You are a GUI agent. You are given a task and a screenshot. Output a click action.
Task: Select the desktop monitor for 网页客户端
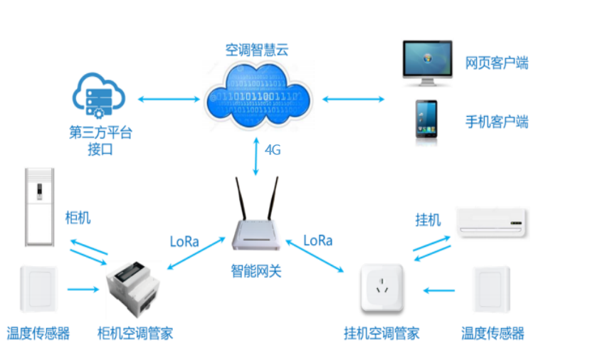point(427,60)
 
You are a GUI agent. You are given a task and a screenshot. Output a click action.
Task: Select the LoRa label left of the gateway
point(184,240)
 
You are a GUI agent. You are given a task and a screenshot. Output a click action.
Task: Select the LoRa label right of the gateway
point(318,240)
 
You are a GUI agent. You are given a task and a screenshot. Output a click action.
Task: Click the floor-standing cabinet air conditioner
point(39,206)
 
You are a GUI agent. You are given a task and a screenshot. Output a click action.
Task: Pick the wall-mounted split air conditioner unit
point(492,222)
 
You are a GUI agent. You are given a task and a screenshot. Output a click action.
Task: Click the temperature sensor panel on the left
point(39,289)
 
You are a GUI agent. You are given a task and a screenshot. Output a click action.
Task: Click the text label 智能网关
point(256,271)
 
